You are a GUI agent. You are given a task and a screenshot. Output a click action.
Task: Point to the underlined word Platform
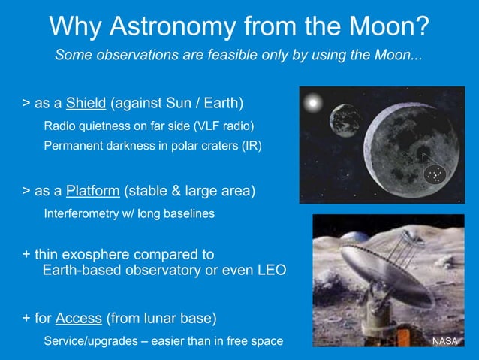coord(93,191)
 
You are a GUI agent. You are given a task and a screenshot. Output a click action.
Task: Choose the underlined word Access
coord(80,319)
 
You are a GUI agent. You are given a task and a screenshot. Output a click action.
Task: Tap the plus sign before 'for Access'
coord(27,319)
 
